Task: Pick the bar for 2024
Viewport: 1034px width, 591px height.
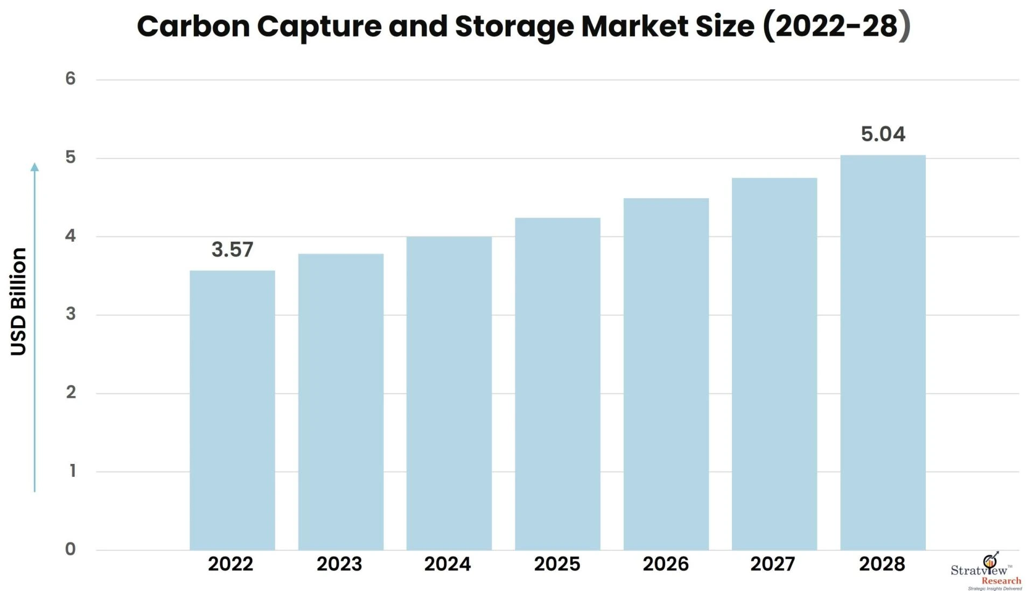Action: click(x=449, y=393)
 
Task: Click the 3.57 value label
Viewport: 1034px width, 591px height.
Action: click(x=232, y=250)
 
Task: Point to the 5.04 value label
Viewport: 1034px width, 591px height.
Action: click(x=883, y=134)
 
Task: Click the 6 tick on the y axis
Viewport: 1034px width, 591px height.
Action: click(x=71, y=79)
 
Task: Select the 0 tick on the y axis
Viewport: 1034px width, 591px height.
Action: click(x=71, y=549)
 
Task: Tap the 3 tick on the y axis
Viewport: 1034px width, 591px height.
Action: click(x=71, y=314)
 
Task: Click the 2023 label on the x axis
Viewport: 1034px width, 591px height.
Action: click(x=339, y=564)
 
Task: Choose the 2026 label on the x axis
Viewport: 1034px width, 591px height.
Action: click(x=666, y=564)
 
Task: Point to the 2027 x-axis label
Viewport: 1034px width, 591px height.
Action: click(x=773, y=564)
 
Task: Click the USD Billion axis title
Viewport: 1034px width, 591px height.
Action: click(x=18, y=301)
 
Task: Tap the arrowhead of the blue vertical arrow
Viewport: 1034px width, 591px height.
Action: click(x=34, y=167)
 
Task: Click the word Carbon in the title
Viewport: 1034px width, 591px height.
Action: click(x=193, y=26)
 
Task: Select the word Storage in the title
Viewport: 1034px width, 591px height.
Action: click(x=514, y=26)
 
